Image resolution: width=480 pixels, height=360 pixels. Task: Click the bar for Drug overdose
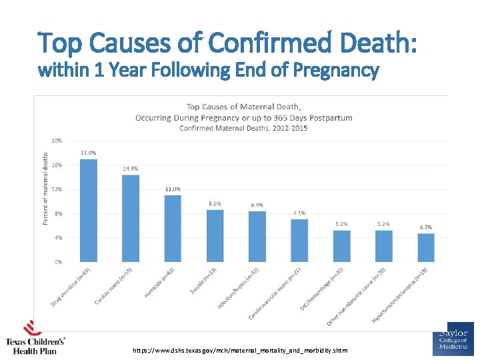(x=88, y=211)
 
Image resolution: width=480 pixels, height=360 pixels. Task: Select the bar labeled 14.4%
(x=131, y=219)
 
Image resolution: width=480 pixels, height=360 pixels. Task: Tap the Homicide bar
(x=173, y=229)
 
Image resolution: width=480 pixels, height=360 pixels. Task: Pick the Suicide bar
(x=215, y=236)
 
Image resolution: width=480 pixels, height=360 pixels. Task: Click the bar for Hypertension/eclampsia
(x=426, y=247)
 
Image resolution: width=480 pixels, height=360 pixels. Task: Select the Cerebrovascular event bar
(x=299, y=240)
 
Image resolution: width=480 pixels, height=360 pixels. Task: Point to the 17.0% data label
(x=88, y=153)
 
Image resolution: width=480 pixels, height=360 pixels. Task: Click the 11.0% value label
(x=173, y=189)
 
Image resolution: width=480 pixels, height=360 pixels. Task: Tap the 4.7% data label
(x=426, y=227)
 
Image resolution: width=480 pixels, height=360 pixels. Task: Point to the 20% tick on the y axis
(x=57, y=141)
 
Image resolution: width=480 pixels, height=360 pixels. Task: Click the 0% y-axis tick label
(x=59, y=262)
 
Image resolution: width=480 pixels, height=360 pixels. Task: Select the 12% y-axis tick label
(x=57, y=189)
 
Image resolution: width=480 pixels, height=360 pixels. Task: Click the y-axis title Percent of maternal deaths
(x=45, y=189)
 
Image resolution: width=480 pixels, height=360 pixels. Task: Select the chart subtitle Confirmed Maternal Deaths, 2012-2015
(x=243, y=128)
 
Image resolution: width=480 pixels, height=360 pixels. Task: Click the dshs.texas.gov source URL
(x=239, y=350)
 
